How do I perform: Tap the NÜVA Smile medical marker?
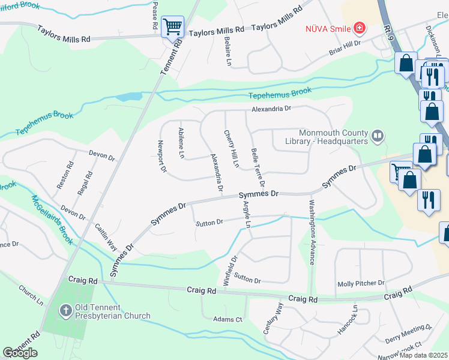(360, 28)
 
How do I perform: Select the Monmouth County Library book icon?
(377, 137)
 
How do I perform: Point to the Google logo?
(20, 353)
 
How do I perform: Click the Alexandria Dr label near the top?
(271, 109)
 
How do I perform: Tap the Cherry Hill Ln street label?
(232, 148)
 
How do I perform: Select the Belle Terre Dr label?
(258, 167)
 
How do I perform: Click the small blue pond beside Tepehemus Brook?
(128, 96)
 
